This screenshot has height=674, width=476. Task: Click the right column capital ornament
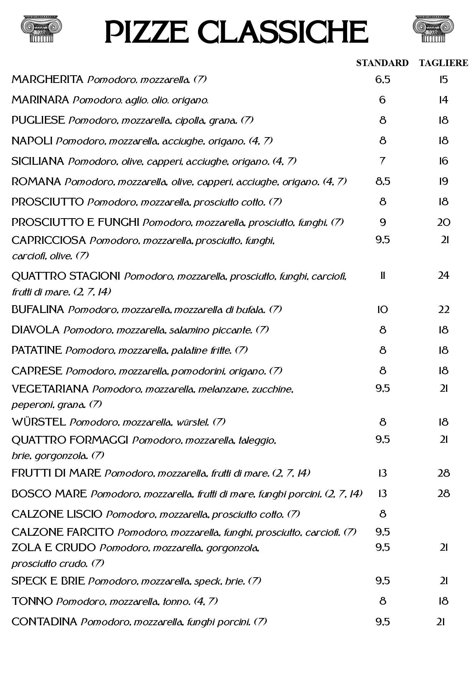click(x=433, y=29)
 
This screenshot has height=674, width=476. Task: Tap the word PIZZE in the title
click(x=146, y=32)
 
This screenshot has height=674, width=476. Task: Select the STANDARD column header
click(x=382, y=63)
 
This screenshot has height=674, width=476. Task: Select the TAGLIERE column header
click(x=443, y=63)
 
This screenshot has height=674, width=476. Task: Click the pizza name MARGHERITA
click(x=47, y=79)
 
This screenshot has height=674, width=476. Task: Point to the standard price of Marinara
click(x=382, y=100)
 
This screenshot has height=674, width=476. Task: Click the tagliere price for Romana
click(x=443, y=181)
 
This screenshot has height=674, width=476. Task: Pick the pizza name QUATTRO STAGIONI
click(x=66, y=276)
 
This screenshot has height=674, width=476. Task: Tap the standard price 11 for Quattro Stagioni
click(x=382, y=276)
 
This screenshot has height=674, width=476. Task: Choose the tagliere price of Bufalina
click(x=443, y=310)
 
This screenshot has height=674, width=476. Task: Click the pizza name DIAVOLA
click(x=35, y=330)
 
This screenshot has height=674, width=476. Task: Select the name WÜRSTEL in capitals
click(x=38, y=422)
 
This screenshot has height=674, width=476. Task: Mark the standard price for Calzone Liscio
click(x=382, y=514)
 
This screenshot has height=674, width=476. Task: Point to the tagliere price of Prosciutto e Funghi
click(x=443, y=222)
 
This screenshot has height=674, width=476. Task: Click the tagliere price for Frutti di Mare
click(x=443, y=473)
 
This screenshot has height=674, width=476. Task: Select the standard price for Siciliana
click(x=382, y=161)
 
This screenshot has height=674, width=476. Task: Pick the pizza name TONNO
click(x=32, y=601)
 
